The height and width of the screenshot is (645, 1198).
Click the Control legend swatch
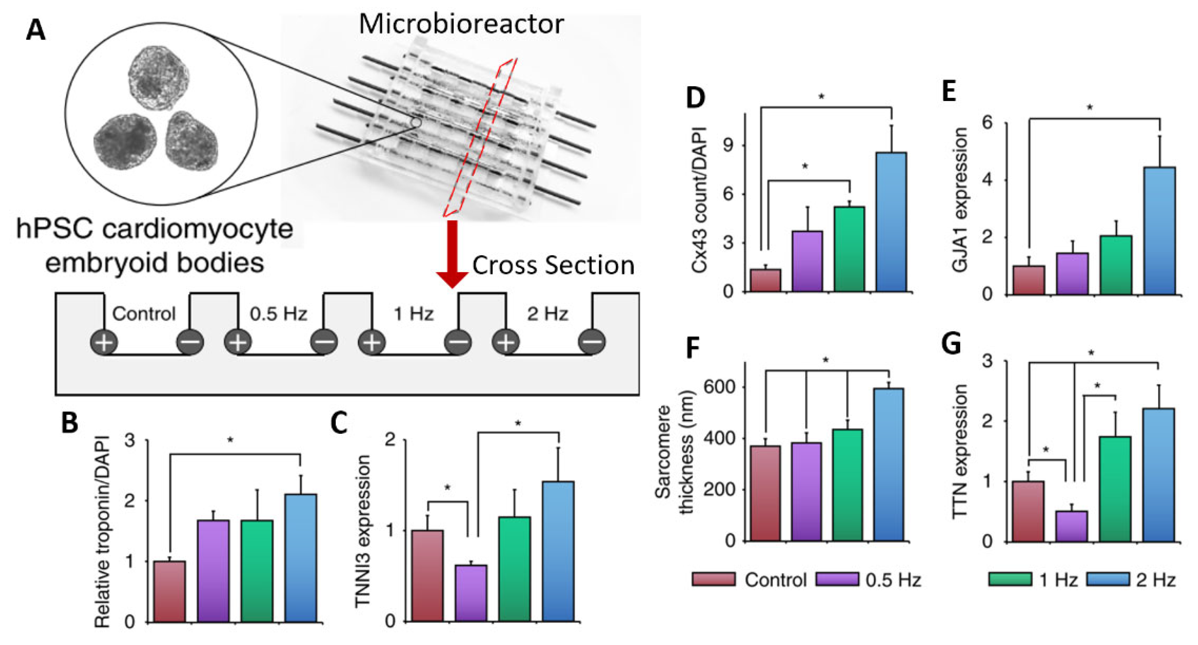pos(713,579)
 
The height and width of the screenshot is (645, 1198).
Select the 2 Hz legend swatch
pos(1108,579)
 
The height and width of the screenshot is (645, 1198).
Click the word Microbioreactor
pos(461,24)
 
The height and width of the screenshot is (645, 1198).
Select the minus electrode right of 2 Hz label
pos(592,343)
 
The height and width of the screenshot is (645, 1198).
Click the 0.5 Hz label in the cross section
pos(279,314)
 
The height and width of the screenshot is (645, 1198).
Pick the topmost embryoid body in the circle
pos(159,78)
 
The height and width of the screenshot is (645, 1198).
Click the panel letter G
pos(951,345)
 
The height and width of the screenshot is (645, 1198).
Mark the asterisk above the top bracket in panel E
pos(1089,108)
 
